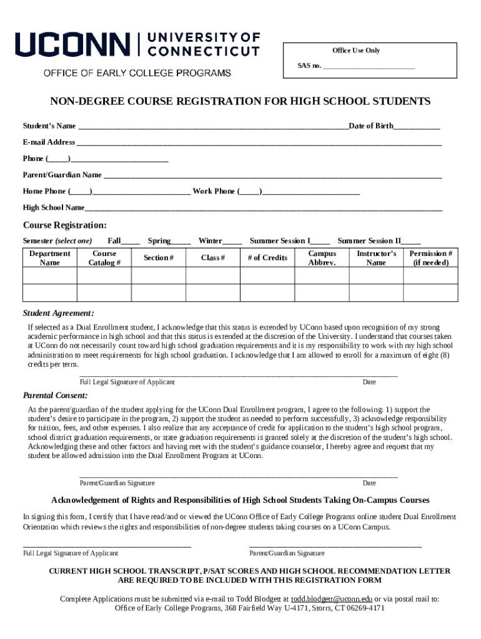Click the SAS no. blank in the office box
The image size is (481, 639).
[369, 66]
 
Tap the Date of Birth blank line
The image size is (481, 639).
[417, 127]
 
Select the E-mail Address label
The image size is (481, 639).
[49, 142]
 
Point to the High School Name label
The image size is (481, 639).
[54, 207]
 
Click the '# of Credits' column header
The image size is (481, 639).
[267, 258]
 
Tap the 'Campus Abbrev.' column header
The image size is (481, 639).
[322, 258]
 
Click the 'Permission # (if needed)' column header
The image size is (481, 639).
[430, 258]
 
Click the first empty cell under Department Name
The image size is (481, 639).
[49, 276]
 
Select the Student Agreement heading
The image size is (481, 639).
[58, 313]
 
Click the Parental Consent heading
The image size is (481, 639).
[55, 396]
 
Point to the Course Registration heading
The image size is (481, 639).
[64, 225]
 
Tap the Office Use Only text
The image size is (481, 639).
[355, 51]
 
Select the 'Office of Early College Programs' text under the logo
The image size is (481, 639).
[137, 73]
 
